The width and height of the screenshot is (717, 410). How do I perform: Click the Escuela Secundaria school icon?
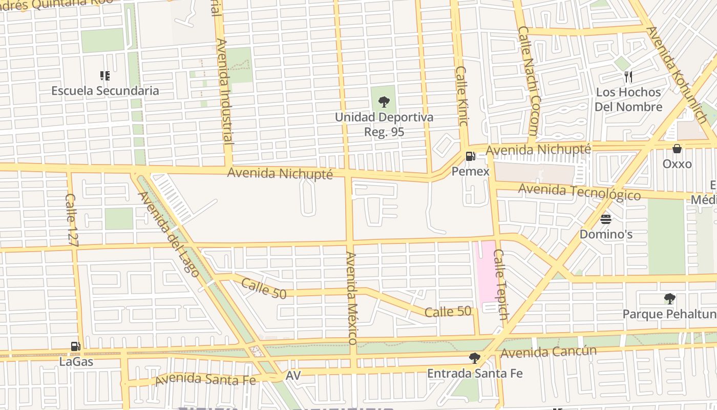[105, 76]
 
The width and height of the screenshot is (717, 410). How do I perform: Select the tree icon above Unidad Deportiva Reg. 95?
[384, 102]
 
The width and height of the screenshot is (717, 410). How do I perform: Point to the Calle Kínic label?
[462, 96]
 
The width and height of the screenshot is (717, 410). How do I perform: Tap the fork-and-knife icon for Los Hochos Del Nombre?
[628, 77]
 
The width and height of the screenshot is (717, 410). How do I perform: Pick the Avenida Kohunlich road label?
[676, 75]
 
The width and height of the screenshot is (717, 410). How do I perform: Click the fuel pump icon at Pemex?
[470, 157]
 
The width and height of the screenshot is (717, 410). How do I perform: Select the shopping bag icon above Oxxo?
[677, 149]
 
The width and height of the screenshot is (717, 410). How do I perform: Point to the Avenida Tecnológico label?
[579, 192]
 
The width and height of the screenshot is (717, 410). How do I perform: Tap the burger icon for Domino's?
[606, 220]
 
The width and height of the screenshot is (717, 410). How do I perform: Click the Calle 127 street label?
[71, 220]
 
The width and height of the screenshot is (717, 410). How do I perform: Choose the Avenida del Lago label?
[168, 234]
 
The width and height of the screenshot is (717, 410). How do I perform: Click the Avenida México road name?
[351, 297]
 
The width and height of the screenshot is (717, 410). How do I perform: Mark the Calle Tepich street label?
[500, 285]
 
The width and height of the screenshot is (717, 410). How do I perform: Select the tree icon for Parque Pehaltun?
[669, 299]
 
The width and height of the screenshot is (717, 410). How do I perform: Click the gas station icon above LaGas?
[76, 347]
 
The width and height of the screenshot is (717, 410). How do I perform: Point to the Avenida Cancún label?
[549, 352]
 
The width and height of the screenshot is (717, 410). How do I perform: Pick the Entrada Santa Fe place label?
[475, 373]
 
